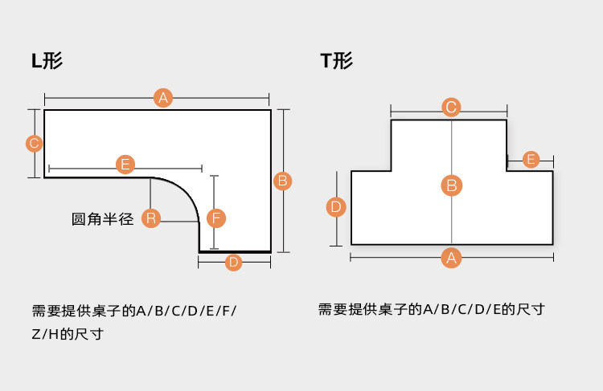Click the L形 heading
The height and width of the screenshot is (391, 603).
(x=47, y=61)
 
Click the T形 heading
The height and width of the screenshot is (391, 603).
(x=336, y=61)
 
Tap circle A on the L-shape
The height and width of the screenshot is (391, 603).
(x=163, y=98)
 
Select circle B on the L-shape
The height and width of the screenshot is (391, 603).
(x=282, y=181)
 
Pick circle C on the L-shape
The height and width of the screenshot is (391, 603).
(x=34, y=144)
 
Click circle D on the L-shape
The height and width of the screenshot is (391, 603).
(x=233, y=262)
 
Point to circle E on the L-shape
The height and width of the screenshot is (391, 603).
(x=125, y=165)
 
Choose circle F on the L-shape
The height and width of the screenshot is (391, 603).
(x=215, y=218)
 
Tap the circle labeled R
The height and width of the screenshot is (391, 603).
(x=150, y=218)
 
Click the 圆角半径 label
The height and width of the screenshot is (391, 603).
(x=102, y=218)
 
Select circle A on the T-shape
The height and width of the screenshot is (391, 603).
(x=451, y=258)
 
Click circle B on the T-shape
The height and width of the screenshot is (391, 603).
(x=451, y=185)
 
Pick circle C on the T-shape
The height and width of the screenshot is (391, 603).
(x=451, y=107)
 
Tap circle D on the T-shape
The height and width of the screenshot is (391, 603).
(x=336, y=207)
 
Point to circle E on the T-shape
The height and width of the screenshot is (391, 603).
(x=531, y=159)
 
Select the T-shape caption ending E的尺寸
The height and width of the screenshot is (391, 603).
(x=432, y=309)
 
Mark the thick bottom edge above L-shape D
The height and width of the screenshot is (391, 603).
(x=234, y=251)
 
